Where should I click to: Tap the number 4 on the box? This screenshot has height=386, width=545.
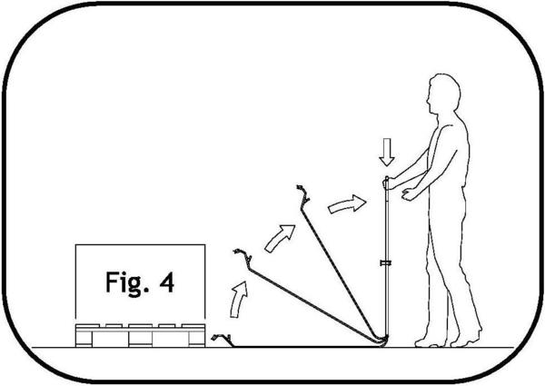click(167, 282)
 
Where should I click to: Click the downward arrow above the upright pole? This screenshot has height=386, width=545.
click(387, 152)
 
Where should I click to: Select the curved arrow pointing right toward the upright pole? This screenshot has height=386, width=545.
click(347, 204)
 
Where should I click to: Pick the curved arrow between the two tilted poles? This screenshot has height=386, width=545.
click(279, 238)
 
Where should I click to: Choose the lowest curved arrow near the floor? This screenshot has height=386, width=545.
click(239, 299)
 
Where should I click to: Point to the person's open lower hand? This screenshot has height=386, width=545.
click(410, 193)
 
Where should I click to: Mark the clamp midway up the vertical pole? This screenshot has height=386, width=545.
click(386, 262)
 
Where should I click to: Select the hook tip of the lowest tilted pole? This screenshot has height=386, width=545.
click(242, 255)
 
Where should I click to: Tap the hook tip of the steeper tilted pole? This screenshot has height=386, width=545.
click(302, 193)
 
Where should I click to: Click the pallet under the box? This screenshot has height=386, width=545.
click(140, 335)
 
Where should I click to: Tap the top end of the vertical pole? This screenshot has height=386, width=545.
click(387, 177)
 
